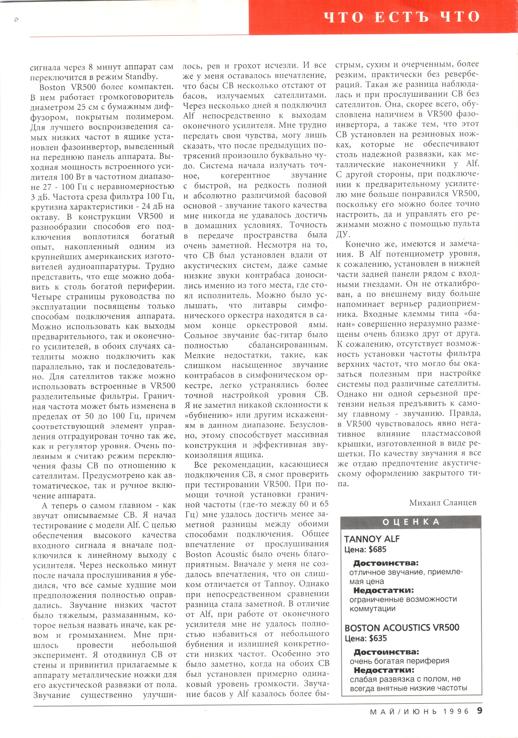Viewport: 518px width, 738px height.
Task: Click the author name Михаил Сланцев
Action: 443,502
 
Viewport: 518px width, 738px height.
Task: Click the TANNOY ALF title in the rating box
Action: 372,539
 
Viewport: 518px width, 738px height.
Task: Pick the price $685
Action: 377,549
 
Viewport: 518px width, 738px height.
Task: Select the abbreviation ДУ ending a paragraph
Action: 343,234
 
